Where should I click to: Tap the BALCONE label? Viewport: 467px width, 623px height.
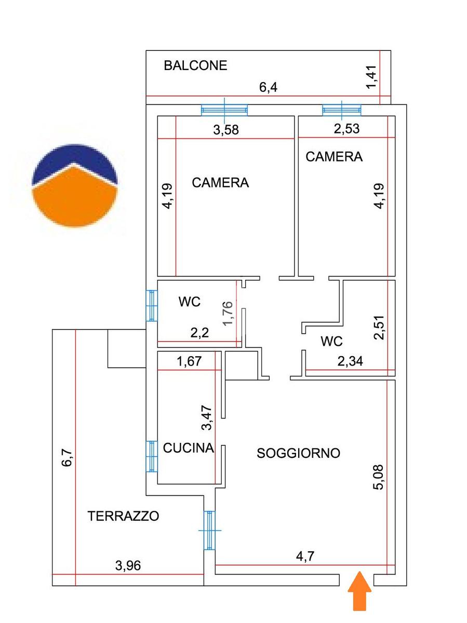click(x=195, y=66)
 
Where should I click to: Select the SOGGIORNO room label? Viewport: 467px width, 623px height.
click(x=298, y=453)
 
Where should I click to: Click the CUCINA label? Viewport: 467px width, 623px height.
click(x=188, y=448)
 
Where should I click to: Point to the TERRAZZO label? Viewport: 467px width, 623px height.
click(x=123, y=516)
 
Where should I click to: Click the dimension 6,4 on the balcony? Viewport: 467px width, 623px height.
click(x=268, y=87)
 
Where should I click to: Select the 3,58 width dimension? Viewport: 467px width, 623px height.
click(x=226, y=130)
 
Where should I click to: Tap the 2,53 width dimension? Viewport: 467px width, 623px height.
click(x=346, y=128)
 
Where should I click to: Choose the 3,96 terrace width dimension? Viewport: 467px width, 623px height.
click(x=127, y=565)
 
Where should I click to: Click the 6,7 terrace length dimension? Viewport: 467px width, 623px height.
click(x=66, y=458)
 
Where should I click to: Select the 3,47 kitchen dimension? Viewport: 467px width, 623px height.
click(x=206, y=418)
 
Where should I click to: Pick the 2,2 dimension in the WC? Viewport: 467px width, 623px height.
click(x=200, y=333)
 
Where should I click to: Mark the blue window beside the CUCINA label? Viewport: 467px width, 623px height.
click(x=152, y=456)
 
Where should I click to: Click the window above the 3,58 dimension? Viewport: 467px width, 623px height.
click(x=224, y=110)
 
